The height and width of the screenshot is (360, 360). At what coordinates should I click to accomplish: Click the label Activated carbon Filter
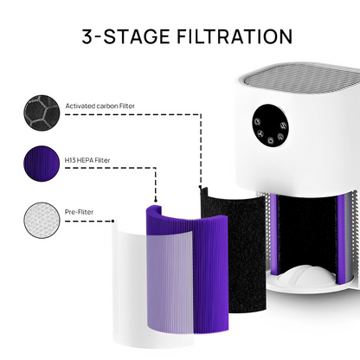(100, 106)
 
